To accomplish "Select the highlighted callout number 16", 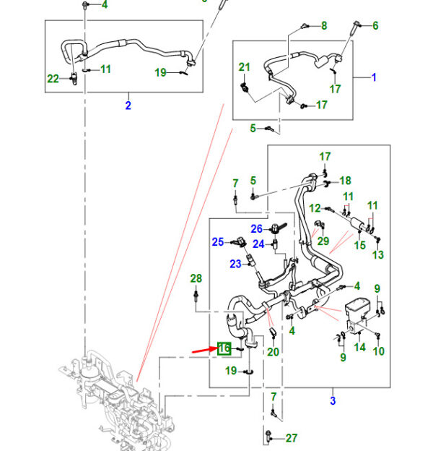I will pyautogui.click(x=224, y=348).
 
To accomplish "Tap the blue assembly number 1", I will pyautogui.click(x=374, y=77).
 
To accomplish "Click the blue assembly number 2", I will pyautogui.click(x=128, y=106).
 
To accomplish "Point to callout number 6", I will pyautogui.click(x=375, y=26).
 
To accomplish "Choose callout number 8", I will pyautogui.click(x=324, y=26).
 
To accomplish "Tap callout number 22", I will pyautogui.click(x=53, y=79).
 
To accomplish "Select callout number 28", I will pyautogui.click(x=196, y=278).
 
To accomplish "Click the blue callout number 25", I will pyautogui.click(x=218, y=241).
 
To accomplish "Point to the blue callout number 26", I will pyautogui.click(x=256, y=228).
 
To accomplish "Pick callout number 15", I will pyautogui.click(x=360, y=246).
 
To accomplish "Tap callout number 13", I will pyautogui.click(x=378, y=254).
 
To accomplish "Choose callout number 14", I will pyautogui.click(x=359, y=347).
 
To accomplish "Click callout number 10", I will pyautogui.click(x=379, y=351).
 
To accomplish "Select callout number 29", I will pyautogui.click(x=323, y=240).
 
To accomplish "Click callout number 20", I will pyautogui.click(x=273, y=352).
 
